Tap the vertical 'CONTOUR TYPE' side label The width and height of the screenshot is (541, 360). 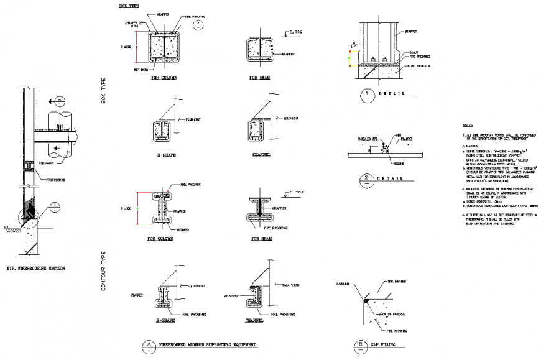pos(104,271)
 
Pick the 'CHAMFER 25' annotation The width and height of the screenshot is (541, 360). pos(131,23)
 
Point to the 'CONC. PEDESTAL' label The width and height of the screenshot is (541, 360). pos(418,65)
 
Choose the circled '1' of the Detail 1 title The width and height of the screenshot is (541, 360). pos(367,95)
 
